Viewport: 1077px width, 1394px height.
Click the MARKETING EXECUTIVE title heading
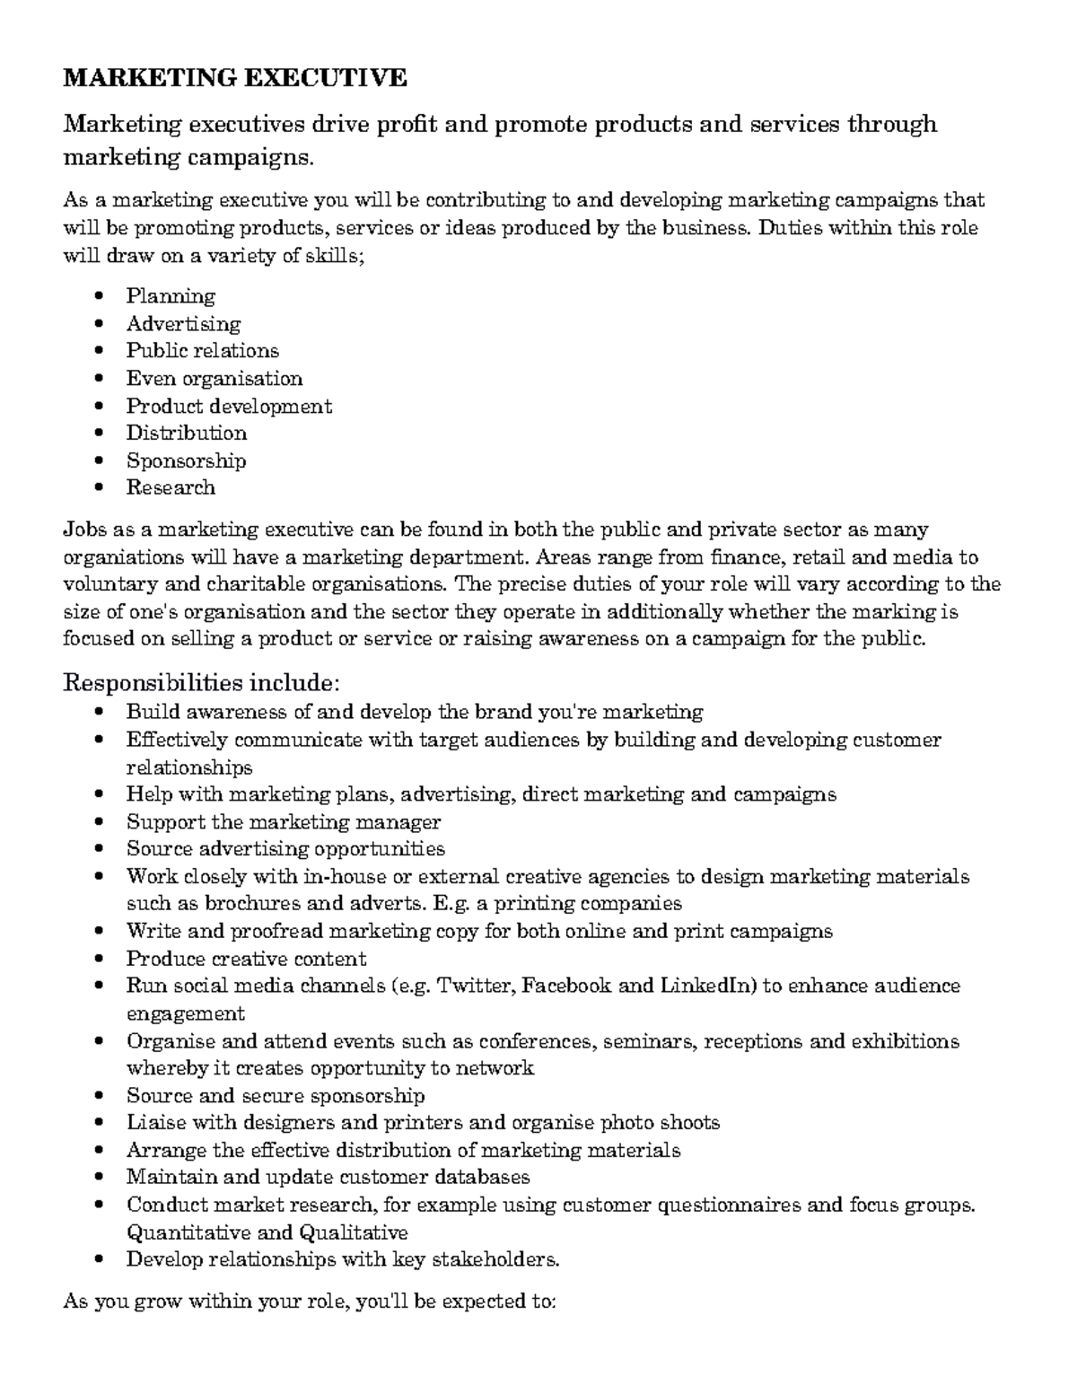point(234,78)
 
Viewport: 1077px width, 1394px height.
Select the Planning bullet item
point(171,296)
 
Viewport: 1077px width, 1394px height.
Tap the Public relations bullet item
point(202,351)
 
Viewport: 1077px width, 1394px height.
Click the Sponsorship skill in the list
point(186,460)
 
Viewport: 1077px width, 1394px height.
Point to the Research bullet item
point(171,487)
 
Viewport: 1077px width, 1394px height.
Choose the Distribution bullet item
point(186,433)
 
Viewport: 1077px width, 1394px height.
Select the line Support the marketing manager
point(283,821)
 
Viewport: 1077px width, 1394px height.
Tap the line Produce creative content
point(246,959)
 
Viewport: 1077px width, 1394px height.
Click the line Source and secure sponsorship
point(275,1096)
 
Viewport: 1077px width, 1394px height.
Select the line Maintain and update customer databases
point(328,1177)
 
